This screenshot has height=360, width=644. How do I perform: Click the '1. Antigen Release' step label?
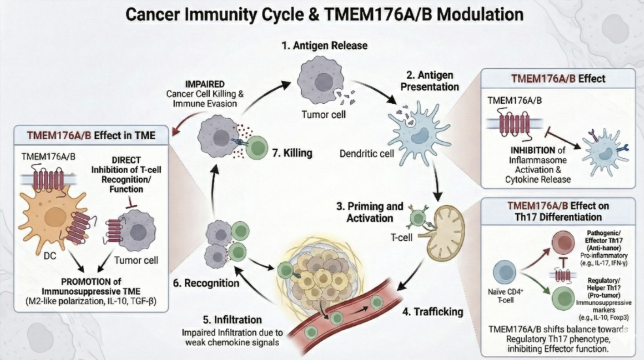(x=324, y=45)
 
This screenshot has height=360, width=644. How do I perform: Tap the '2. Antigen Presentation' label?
(x=429, y=81)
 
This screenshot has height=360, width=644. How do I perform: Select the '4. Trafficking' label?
(x=432, y=312)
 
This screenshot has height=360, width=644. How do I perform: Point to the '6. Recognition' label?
(x=206, y=283)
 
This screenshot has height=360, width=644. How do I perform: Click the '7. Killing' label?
(x=292, y=153)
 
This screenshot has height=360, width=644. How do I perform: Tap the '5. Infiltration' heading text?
(x=232, y=320)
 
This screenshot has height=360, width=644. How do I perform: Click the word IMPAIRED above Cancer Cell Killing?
(x=205, y=84)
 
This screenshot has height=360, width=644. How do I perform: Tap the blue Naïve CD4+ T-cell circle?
(x=504, y=273)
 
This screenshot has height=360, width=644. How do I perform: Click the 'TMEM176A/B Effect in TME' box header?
(x=91, y=135)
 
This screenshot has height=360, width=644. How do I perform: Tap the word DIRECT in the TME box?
(x=126, y=160)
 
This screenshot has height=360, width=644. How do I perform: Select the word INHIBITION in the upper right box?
(x=533, y=150)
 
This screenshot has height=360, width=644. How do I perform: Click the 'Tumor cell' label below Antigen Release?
(x=323, y=114)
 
